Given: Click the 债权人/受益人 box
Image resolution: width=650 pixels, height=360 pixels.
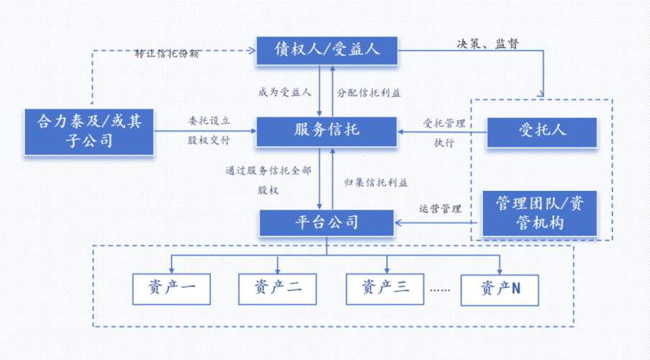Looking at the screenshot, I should [328, 50].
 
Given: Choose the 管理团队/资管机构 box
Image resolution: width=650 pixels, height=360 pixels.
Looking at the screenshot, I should [541, 213].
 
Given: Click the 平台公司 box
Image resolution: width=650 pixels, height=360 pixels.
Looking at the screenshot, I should [327, 222].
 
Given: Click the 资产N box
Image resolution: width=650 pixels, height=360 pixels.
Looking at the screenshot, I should [500, 288].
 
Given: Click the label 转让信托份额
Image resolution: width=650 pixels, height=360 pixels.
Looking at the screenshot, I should [167, 54].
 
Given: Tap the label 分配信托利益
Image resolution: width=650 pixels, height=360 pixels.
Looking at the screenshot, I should [369, 93].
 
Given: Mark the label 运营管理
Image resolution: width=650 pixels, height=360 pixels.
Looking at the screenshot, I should [440, 209].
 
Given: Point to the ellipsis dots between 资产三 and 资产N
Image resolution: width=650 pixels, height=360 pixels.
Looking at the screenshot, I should [439, 290].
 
